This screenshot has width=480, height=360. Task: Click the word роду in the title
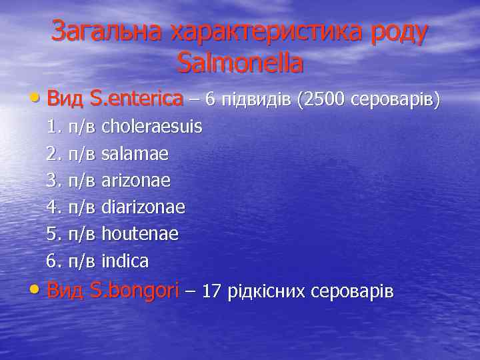pyautogui.click(x=397, y=31)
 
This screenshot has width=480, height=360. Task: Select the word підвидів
pyautogui.click(x=256, y=99)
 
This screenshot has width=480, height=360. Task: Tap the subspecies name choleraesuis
pyautogui.click(x=151, y=127)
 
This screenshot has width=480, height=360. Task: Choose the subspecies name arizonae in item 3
pyautogui.click(x=136, y=181)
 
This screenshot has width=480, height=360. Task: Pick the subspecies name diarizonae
pyautogui.click(x=143, y=207)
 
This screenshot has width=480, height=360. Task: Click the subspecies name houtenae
pyautogui.click(x=140, y=234)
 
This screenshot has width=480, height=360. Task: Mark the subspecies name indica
pyautogui.click(x=125, y=261)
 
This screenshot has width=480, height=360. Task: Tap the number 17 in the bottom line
pyautogui.click(x=211, y=291)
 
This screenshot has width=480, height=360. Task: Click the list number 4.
pyautogui.click(x=53, y=207)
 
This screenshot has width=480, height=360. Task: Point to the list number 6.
pyautogui.click(x=53, y=261)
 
